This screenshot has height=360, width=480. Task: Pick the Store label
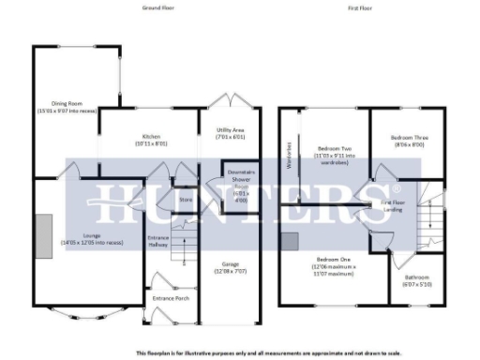(x=186, y=200)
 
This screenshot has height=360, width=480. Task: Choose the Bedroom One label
(x=335, y=262)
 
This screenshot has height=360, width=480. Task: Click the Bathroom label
(x=416, y=280)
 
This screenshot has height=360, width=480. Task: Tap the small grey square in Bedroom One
(x=292, y=240)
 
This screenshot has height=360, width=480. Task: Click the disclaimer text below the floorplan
(x=240, y=352)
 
